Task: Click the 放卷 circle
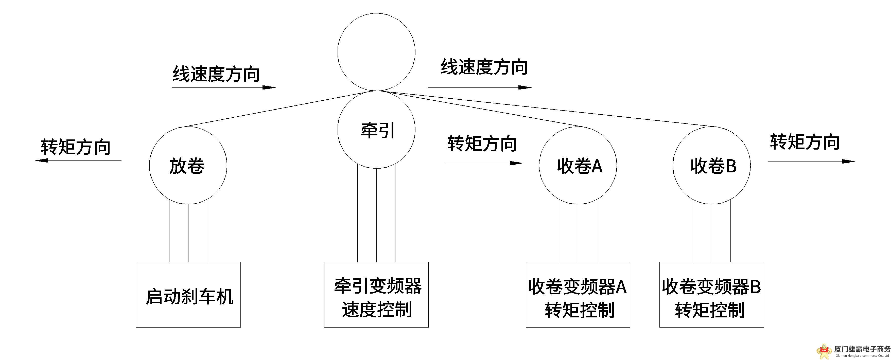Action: pos(188,165)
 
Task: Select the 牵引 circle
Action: pos(376,130)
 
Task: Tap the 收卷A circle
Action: pos(578,165)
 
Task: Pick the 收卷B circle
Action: pos(711,165)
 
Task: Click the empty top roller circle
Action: pos(376,52)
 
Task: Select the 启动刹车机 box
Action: pos(188,294)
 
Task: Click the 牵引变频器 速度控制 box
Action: pos(376,294)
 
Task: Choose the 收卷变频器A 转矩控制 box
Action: pos(578,294)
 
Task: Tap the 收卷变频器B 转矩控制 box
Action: pos(711,294)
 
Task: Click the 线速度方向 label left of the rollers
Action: pos(216,74)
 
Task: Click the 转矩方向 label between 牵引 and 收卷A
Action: pos(482,143)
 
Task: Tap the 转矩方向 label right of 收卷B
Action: pos(805,142)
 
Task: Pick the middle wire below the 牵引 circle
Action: pos(376,214)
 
